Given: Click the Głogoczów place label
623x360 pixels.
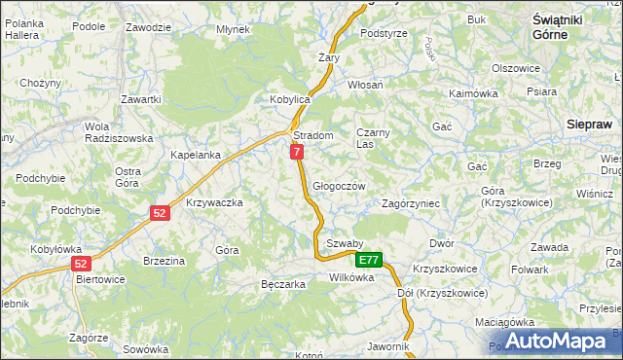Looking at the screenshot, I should pyautogui.click(x=339, y=186).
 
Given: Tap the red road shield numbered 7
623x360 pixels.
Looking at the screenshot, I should pyautogui.click(x=297, y=152).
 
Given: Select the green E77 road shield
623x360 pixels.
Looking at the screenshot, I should pyautogui.click(x=368, y=260).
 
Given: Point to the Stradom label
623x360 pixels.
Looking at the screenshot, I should pyautogui.click(x=313, y=136).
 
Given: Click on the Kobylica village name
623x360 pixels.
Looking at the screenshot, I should pyautogui.click(x=289, y=99).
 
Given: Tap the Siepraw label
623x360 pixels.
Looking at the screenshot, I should pyautogui.click(x=590, y=125).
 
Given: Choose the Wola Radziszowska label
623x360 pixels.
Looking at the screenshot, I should pyautogui.click(x=119, y=132).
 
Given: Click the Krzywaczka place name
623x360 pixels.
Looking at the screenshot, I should pyautogui.click(x=213, y=202).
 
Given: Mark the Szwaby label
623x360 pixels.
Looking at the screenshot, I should pyautogui.click(x=345, y=243).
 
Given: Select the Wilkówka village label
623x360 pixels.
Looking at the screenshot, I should pyautogui.click(x=351, y=277).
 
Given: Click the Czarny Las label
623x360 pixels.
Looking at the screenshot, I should pyautogui.click(x=373, y=138).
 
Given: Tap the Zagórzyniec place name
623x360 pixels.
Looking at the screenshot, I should pyautogui.click(x=412, y=204).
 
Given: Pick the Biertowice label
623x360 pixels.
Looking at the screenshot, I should pyautogui.click(x=101, y=278).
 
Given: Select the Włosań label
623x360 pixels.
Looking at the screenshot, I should pyautogui.click(x=365, y=85).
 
